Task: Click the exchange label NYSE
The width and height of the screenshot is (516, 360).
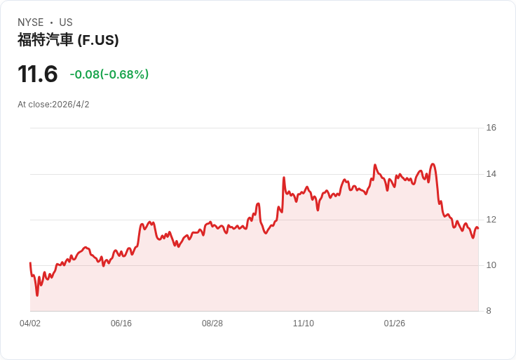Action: click(x=31, y=22)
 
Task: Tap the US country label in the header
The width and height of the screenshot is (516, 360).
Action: click(x=66, y=22)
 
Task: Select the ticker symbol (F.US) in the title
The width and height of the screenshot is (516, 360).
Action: click(x=98, y=40)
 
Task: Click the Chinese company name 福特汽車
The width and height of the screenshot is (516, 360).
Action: click(x=45, y=40)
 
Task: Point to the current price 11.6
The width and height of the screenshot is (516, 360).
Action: click(x=38, y=74)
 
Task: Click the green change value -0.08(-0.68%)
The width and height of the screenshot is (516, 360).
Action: click(x=109, y=74)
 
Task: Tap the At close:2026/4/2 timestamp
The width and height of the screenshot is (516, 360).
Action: click(x=53, y=105)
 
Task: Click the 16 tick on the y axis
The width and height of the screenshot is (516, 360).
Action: click(x=491, y=128)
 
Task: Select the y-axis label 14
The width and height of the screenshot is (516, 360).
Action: click(x=491, y=174)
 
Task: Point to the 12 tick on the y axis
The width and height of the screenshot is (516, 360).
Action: click(x=491, y=220)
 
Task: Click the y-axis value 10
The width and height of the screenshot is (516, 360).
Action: click(x=491, y=265)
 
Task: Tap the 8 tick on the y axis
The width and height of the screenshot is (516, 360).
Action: click(x=489, y=311)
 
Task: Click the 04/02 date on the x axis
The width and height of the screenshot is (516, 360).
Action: click(x=30, y=324)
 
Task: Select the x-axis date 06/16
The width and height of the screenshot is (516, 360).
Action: click(x=121, y=324)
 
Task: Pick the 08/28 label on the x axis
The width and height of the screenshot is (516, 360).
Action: click(x=212, y=324)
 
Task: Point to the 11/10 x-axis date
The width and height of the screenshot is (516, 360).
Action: click(x=304, y=324)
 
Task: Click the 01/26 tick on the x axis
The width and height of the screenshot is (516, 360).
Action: click(x=394, y=324)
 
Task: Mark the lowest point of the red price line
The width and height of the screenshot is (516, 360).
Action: click(x=37, y=295)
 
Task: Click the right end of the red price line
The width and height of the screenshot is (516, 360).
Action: click(x=478, y=228)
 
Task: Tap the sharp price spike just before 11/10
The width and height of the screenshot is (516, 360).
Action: click(x=284, y=178)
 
